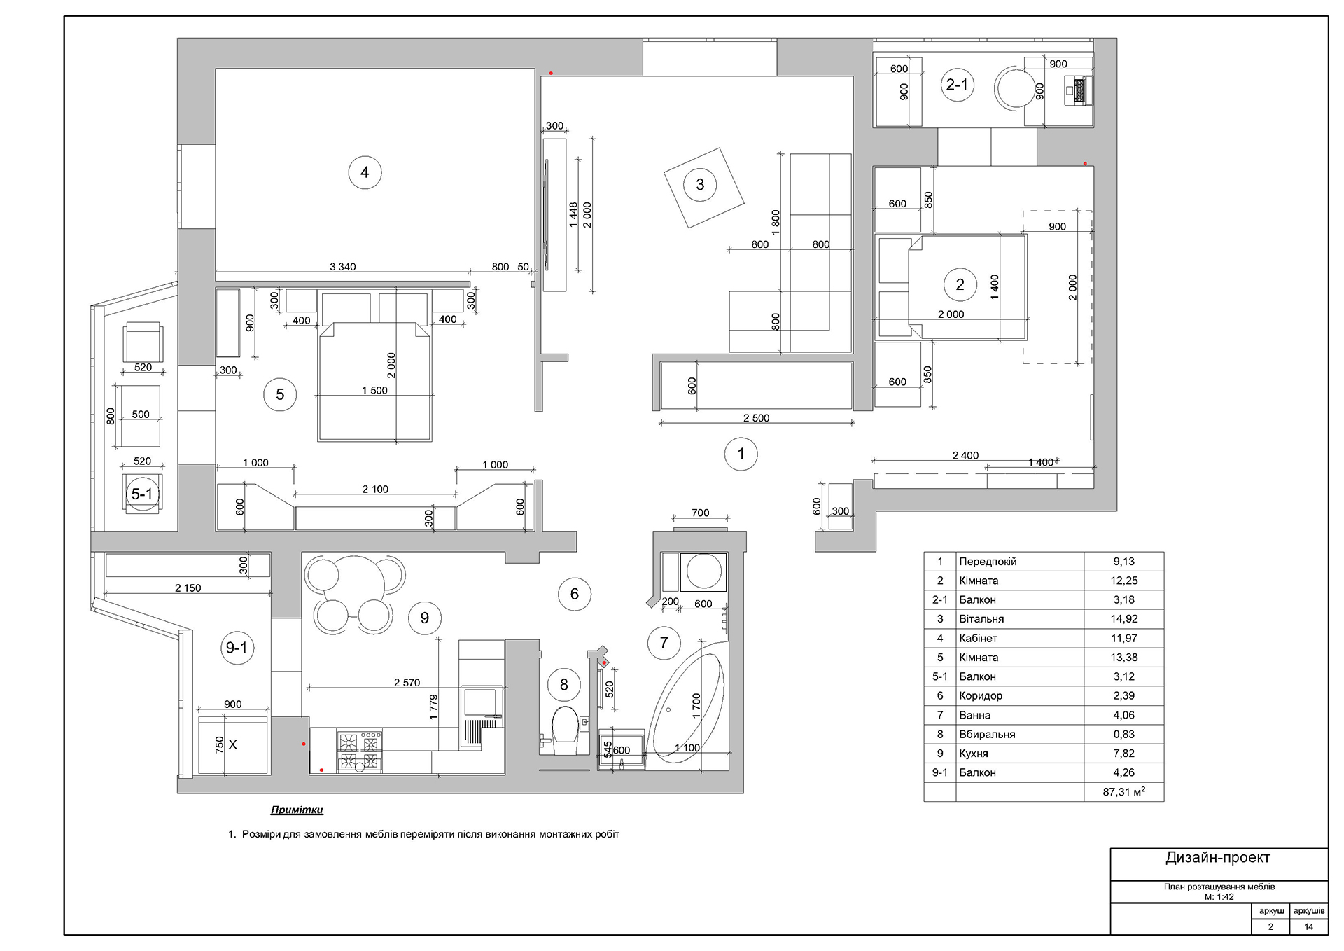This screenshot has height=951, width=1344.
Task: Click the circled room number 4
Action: click(365, 172)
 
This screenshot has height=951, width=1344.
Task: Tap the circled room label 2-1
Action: click(957, 85)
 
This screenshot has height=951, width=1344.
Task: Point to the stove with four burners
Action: click(360, 751)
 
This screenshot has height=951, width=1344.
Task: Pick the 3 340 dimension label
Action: click(342, 267)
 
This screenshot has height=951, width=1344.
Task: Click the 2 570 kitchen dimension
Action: click(407, 683)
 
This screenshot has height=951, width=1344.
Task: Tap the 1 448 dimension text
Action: click(573, 215)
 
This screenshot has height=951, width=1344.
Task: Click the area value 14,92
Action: click(1123, 619)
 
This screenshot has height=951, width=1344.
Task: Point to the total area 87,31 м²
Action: click(1123, 792)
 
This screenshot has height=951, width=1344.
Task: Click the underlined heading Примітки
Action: click(297, 810)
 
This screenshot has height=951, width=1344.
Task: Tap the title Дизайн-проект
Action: click(1218, 858)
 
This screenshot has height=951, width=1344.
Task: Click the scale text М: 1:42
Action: click(1219, 897)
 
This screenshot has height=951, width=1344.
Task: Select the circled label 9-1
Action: click(237, 648)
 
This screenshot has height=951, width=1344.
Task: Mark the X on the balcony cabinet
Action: click(233, 744)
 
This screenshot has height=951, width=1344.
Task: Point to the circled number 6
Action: click(575, 594)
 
